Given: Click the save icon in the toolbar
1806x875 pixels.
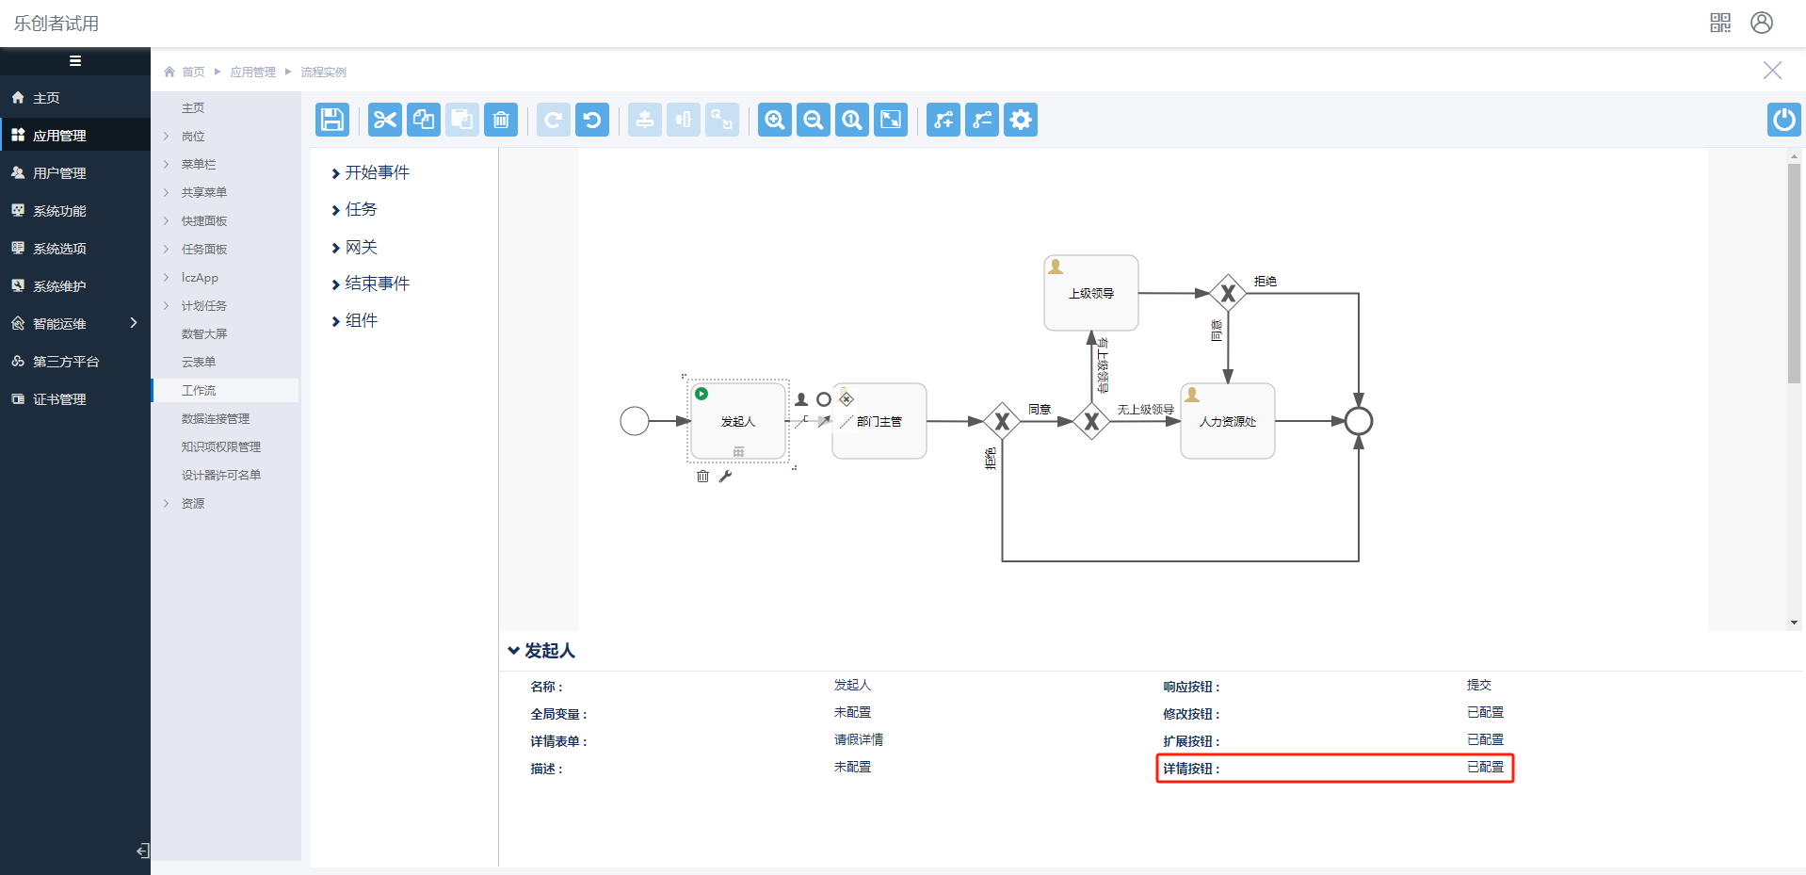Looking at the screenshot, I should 332,120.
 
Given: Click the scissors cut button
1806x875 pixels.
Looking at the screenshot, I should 385,120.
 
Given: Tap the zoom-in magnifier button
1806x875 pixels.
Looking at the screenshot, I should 775,120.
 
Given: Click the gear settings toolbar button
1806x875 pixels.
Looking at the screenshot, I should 1021,120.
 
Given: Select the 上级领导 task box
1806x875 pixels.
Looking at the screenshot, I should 1091,293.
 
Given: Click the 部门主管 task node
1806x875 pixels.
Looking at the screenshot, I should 879,421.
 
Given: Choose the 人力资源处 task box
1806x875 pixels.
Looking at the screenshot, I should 1227,421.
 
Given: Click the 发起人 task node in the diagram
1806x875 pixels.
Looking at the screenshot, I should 738,421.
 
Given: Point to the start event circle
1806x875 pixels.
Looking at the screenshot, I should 635,421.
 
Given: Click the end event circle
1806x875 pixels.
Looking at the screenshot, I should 1358,421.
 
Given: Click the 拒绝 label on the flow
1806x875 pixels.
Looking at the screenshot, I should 1265,282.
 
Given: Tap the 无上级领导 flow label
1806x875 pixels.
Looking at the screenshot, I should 1145,410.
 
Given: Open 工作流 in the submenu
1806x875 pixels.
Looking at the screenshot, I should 199,390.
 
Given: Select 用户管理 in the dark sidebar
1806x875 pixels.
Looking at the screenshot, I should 59,173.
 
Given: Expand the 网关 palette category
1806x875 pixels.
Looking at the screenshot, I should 361,247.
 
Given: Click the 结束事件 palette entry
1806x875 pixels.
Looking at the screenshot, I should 377,284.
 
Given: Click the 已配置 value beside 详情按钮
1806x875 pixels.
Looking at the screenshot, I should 1485,768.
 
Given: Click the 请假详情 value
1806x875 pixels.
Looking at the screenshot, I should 858,740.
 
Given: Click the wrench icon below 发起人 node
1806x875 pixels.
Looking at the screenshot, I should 725,477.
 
